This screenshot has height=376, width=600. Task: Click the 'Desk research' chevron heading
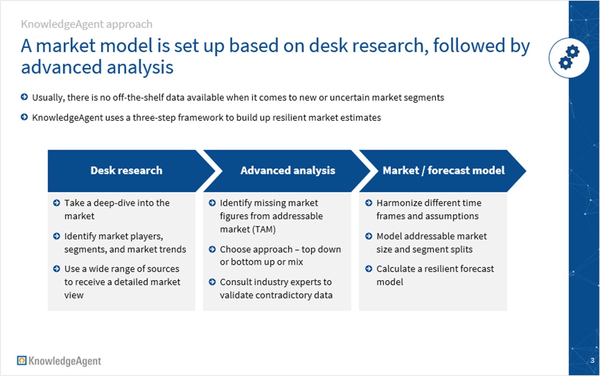126,170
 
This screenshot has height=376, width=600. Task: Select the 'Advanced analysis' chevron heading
288,170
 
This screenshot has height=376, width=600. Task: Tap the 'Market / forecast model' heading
443,170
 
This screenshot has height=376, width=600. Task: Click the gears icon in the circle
569,58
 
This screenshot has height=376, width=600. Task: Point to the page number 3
592,361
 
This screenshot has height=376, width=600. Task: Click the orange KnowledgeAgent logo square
22,361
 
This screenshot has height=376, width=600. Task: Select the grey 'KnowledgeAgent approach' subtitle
87,24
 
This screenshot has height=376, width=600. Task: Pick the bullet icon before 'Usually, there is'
24,97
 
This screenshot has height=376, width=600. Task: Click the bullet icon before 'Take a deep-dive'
56,203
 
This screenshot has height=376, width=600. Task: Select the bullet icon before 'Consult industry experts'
212,282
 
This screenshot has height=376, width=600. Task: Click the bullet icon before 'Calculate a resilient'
369,268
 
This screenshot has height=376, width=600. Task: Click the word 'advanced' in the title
62,67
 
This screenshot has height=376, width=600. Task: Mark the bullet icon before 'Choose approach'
212,249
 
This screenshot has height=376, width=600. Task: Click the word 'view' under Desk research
74,295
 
